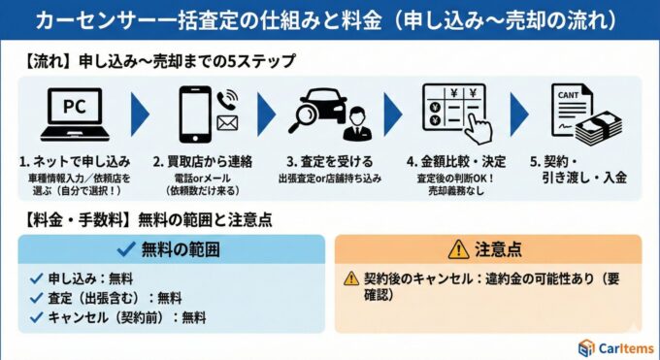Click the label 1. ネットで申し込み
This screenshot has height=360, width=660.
(74, 161)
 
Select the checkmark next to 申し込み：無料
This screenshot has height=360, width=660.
(36, 279)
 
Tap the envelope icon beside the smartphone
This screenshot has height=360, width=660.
(227, 123)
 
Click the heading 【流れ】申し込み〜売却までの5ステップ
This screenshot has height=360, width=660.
(155, 61)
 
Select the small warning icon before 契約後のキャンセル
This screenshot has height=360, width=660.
(351, 279)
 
